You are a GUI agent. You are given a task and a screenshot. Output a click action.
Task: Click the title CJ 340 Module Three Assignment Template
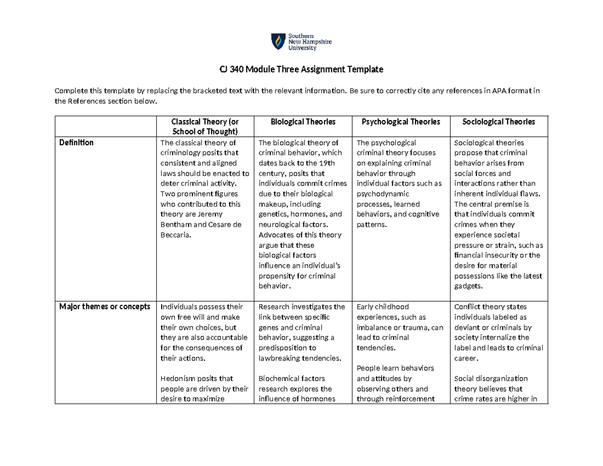coord(301,69)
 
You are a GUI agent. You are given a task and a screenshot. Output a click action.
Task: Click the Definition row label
coord(76,142)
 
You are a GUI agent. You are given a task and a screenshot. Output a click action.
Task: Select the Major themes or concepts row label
coord(105,307)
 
